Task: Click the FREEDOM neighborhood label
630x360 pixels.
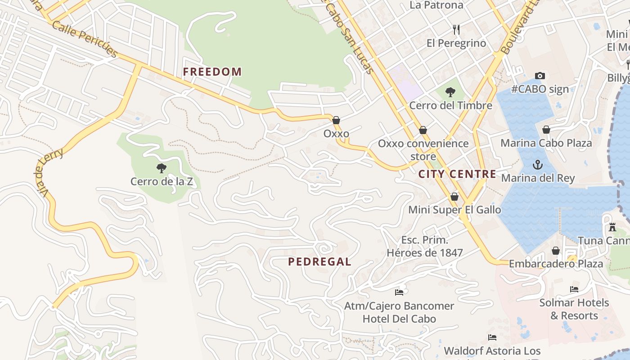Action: tap(212, 72)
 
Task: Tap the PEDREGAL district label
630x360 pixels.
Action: tap(319, 262)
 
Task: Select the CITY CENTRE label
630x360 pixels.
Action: tap(457, 174)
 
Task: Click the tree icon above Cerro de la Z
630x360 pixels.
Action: tap(162, 169)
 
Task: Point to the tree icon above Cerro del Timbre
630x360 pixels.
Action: tap(450, 93)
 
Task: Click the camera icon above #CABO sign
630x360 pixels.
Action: tap(540, 76)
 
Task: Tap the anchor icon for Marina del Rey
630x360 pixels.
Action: tap(538, 165)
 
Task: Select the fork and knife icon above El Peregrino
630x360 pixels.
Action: tap(456, 30)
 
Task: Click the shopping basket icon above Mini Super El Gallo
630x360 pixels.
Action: tap(454, 197)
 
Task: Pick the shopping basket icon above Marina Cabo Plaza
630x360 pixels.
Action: tap(546, 130)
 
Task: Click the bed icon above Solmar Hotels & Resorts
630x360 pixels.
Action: tap(574, 289)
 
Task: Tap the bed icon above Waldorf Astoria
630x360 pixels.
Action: tap(492, 337)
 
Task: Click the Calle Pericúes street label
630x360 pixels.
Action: tap(85, 39)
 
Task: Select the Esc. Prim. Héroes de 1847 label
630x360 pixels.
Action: tap(425, 247)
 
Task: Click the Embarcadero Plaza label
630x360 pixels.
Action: tap(556, 264)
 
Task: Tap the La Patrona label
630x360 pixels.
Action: tap(436, 5)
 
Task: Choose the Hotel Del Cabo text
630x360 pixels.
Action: tap(399, 319)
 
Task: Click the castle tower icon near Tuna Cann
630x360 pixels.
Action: tap(612, 227)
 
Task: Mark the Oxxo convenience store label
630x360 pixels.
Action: tap(423, 150)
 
